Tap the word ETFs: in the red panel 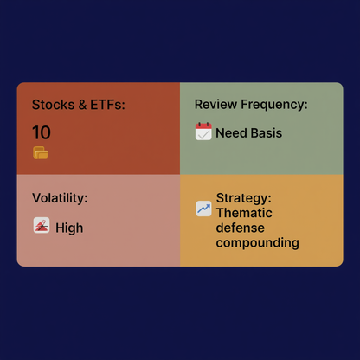pos(108,105)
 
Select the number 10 pos(42,132)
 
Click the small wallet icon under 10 pos(40,153)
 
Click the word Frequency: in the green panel pos(276,105)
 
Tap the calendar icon pos(203,132)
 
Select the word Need pos(232,133)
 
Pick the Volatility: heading pos(60,198)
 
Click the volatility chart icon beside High pos(41,226)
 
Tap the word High pos(69,228)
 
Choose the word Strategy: pos(244,198)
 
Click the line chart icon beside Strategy pos(203,209)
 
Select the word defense pos(241,228)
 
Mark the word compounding pos(257,243)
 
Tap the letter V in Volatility pos(36,198)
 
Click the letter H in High pos(60,228)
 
